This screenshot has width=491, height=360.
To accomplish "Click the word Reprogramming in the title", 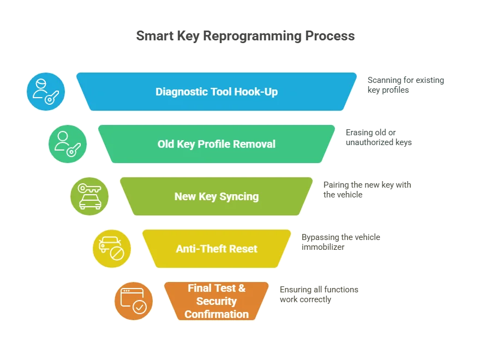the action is [x=252, y=37].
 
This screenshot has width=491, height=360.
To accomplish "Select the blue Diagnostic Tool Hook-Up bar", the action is [x=217, y=92].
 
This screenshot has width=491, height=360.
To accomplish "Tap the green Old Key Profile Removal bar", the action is [x=217, y=144].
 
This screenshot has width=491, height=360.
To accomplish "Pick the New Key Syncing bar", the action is [x=217, y=196].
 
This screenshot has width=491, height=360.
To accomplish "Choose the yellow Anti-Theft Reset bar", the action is [x=217, y=249].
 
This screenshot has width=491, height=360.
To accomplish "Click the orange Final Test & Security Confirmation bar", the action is [x=217, y=301].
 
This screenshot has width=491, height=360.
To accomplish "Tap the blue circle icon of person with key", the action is [x=46, y=92].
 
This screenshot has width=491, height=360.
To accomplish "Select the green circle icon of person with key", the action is [x=68, y=144].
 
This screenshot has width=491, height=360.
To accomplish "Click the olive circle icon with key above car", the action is [x=89, y=196].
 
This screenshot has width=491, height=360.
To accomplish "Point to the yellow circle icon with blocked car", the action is [x=112, y=249].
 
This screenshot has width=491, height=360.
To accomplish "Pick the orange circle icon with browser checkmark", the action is [x=134, y=301].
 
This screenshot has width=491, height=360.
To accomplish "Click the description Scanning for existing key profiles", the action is [x=406, y=85].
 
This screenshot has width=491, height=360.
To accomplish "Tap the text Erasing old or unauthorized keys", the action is [x=379, y=137].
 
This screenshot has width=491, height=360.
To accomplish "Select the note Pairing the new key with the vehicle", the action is [x=367, y=190].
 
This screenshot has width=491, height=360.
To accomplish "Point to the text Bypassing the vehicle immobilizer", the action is [x=340, y=242].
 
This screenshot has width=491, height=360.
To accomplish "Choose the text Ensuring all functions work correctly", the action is [x=319, y=294].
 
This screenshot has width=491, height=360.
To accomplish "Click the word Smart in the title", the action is [x=155, y=35].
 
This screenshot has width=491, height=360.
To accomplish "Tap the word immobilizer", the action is [x=323, y=247].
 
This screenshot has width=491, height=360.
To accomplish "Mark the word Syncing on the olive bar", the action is [x=239, y=197].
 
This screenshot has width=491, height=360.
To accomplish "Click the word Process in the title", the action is [x=330, y=35].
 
